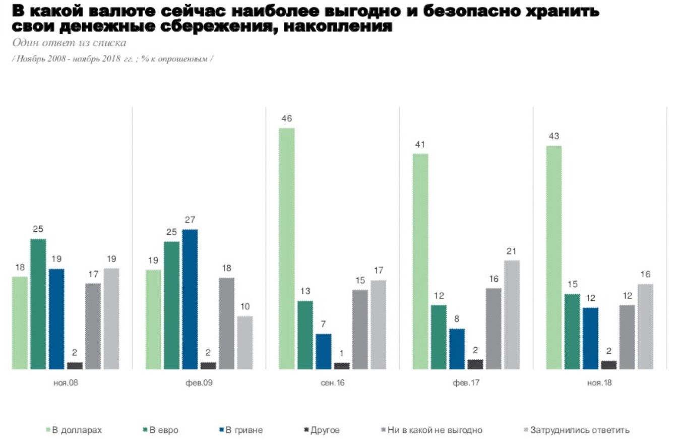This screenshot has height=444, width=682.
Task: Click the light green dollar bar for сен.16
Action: pos(286,248)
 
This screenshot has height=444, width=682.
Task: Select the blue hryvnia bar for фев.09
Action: pos(190,299)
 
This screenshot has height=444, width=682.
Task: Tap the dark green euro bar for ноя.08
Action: pos(38,304)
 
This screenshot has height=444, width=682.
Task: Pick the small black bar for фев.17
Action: pos(475,364)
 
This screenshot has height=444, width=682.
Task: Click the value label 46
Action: pos(287,119)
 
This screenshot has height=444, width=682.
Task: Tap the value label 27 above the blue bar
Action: pos(190,220)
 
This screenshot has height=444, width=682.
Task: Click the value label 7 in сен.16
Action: pos(323,324)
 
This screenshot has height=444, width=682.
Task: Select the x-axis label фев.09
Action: pos(199,383)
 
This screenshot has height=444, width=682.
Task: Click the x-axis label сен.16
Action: pos(333,383)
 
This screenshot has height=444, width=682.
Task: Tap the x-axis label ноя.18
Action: pos(599,383)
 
